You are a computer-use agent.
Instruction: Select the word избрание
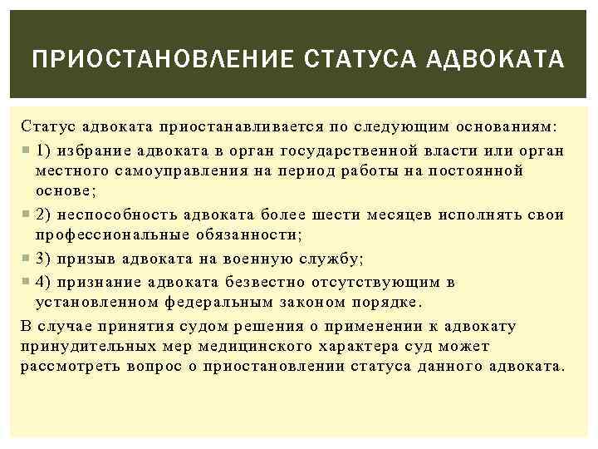pyautogui.click(x=91, y=150)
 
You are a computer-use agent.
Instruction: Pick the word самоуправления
pyautogui.click(x=169, y=171)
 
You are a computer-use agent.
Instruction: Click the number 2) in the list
pyautogui.click(x=45, y=215)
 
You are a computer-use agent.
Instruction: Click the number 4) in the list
pyautogui.click(x=45, y=282)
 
